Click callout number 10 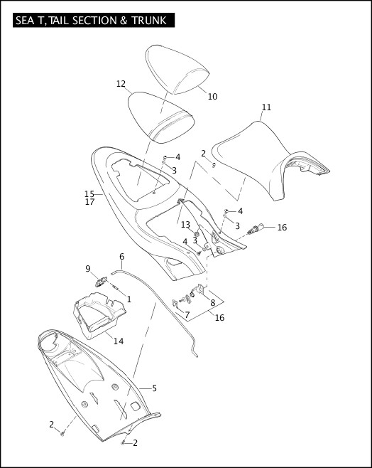click(212, 96)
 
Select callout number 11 click(266, 107)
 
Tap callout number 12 click(121, 83)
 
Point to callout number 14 click(119, 341)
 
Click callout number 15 click(89, 193)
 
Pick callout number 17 click(89, 202)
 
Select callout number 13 click(185, 224)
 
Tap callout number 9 click(88, 269)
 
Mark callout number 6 click(121, 256)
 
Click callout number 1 click(128, 299)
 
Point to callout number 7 click(187, 314)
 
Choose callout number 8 click(213, 302)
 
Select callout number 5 click(154, 388)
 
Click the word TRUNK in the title click(148, 21)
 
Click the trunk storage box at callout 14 click(99, 317)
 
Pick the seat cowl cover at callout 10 click(177, 71)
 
